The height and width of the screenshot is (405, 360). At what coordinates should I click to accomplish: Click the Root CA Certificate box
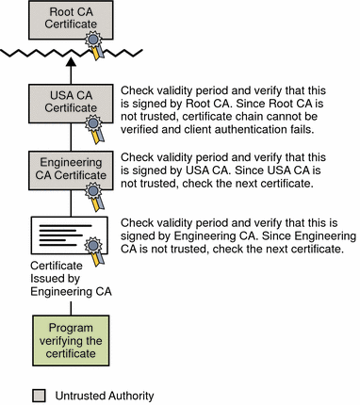(71, 20)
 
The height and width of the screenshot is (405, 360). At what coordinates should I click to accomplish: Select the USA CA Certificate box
(71, 104)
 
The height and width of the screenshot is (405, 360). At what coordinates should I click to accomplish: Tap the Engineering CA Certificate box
(71, 170)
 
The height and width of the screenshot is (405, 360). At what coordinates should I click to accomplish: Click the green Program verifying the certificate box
(71, 341)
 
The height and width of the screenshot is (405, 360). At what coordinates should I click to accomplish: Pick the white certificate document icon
(70, 235)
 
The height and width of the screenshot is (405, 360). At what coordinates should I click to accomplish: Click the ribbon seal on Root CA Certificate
(94, 44)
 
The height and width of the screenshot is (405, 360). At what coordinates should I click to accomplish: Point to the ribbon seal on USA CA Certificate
(94, 129)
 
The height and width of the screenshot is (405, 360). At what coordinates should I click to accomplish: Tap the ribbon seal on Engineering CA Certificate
(94, 196)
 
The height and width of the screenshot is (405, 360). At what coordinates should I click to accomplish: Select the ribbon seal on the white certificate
(94, 251)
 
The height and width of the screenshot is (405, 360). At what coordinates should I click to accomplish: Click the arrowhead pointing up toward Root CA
(72, 61)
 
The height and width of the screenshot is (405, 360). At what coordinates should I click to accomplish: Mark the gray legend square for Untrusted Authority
(39, 396)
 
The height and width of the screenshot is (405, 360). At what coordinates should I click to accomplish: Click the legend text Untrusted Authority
(105, 396)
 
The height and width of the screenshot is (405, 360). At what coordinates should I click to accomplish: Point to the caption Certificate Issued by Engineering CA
(71, 279)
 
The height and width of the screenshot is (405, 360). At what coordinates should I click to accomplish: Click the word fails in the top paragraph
(302, 129)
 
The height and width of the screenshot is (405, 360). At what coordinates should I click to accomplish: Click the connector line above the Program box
(71, 308)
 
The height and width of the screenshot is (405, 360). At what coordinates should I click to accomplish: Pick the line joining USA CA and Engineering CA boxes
(71, 138)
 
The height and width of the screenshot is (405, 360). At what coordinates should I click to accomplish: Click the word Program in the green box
(71, 328)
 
